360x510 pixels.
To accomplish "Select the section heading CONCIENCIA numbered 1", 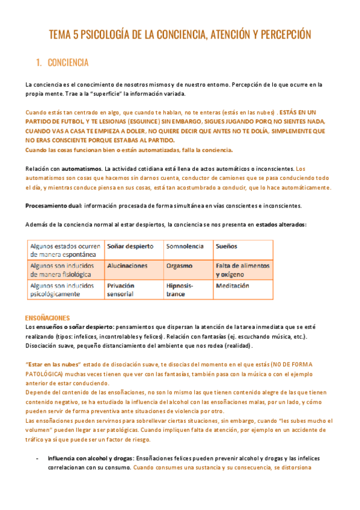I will tap(68, 62).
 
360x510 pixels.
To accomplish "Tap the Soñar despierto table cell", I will tap(130, 246).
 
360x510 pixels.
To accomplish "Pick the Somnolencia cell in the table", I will tap(184, 246).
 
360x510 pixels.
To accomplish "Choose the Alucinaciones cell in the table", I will tap(127, 265).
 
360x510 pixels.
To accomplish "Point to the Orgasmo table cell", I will tap(180, 265).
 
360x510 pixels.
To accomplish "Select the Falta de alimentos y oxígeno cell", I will tap(242, 269).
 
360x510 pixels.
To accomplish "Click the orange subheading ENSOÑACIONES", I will tap(47, 318).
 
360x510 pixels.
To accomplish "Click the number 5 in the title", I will tap(75, 35).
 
